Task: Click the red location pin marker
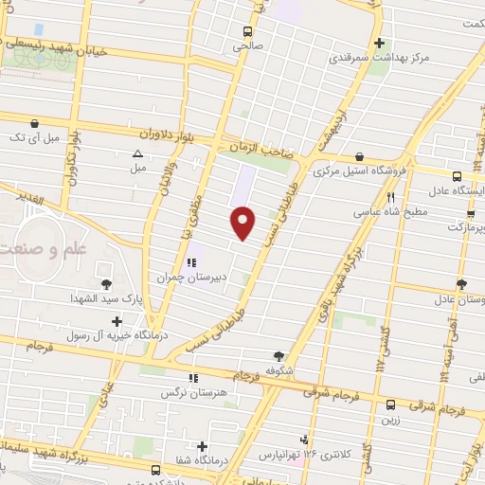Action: (x=243, y=223)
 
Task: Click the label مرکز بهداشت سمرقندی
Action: (x=378, y=58)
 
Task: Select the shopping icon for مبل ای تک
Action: (x=35, y=123)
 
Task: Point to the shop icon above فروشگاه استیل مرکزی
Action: (x=358, y=157)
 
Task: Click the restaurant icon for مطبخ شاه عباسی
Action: (x=391, y=197)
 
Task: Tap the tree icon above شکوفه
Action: (x=277, y=352)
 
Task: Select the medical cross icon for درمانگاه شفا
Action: (x=202, y=445)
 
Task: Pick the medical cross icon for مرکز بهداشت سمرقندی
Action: (x=379, y=43)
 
